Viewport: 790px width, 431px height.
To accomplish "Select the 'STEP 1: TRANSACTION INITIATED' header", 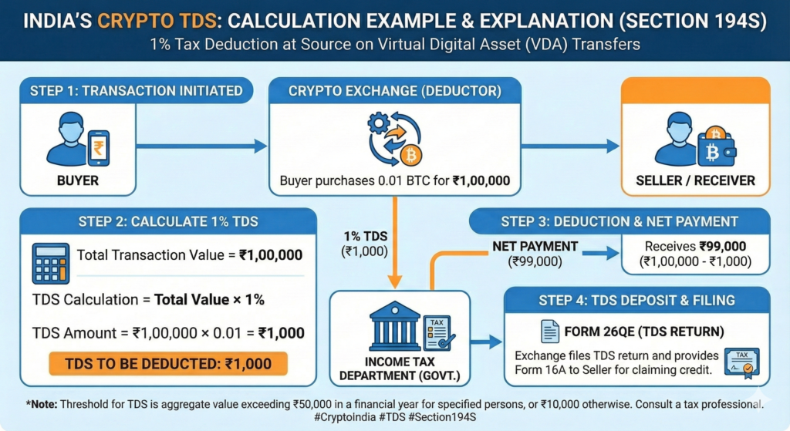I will tap(136, 91).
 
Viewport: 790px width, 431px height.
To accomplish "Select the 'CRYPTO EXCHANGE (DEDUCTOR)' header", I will tap(394, 91).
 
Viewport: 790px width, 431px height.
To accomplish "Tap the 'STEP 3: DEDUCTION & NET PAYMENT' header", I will tap(619, 221).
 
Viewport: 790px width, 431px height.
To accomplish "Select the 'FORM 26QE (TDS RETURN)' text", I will tap(633, 331).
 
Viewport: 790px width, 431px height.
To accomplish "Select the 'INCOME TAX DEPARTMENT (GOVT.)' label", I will tap(396, 369).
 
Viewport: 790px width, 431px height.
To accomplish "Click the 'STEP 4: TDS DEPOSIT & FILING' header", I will tap(637, 300).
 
